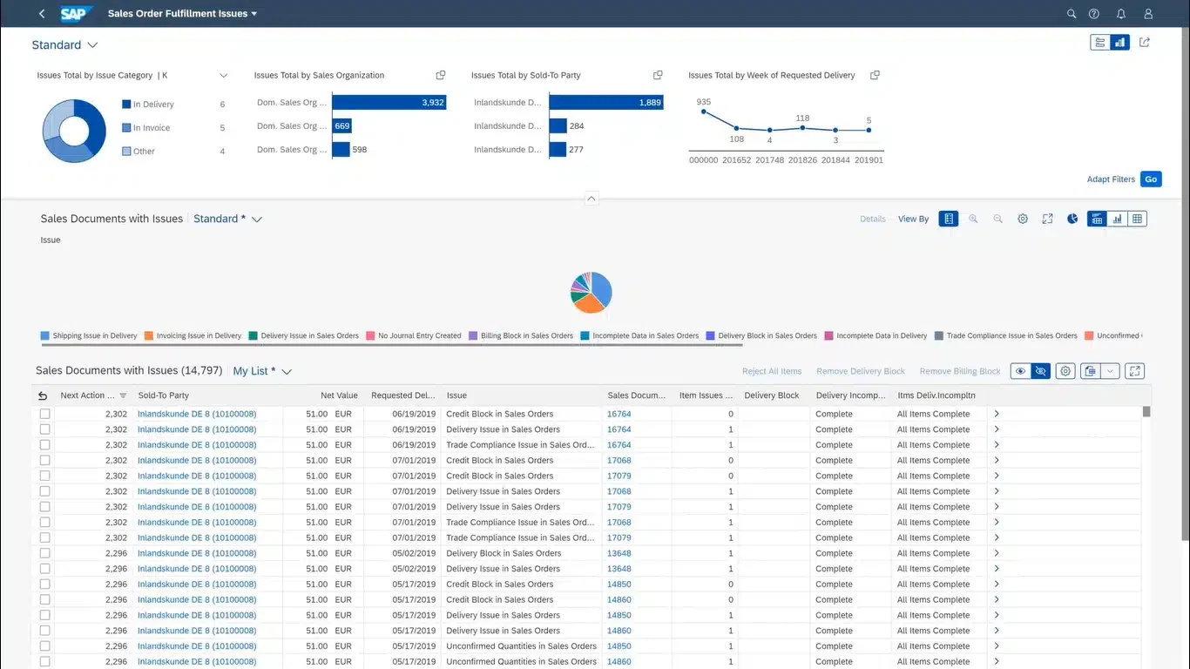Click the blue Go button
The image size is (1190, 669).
pos(1151,179)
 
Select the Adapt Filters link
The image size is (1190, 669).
pos(1111,179)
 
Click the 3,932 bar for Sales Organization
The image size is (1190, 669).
pos(389,103)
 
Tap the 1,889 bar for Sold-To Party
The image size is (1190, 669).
pos(606,103)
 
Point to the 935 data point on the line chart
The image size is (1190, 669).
pos(703,111)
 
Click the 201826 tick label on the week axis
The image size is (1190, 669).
pos(802,160)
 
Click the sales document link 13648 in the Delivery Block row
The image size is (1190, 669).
pos(619,553)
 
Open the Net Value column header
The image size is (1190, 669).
pos(339,395)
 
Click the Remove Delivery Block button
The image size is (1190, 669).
pos(860,371)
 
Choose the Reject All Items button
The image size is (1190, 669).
pos(771,371)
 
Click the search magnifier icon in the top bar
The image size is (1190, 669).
pos(1071,14)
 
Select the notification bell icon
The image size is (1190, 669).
pos(1120,14)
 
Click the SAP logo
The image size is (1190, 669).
pos(76,14)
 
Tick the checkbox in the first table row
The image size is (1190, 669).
pos(44,414)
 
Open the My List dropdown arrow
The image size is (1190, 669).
pos(287,371)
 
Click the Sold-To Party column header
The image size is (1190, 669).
pos(163,395)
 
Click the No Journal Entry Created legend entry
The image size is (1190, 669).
pos(414,336)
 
